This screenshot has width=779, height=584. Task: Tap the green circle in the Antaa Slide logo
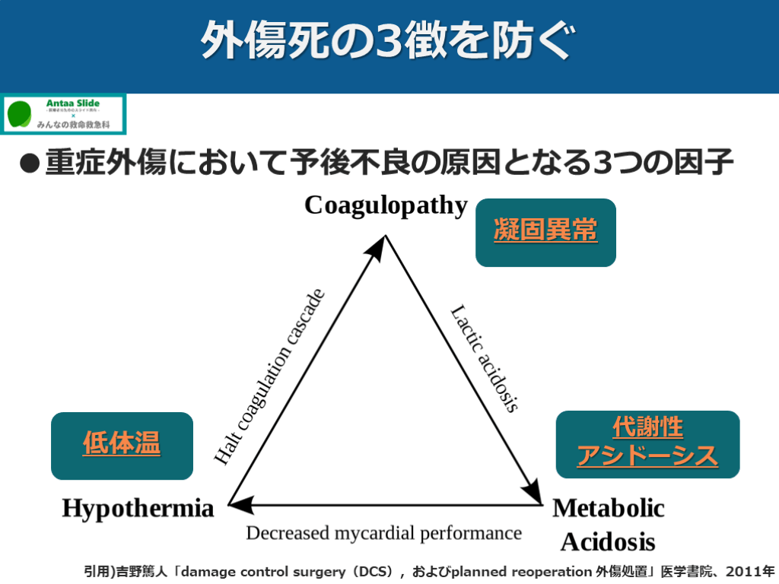pos(19,114)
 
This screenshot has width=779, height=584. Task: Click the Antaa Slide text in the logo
pos(73,103)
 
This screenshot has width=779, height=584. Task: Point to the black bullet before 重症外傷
pos(29,164)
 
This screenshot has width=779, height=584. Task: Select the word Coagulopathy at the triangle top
pos(386,205)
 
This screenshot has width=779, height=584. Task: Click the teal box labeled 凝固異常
pos(545,232)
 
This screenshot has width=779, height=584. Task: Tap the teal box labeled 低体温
pos(122,446)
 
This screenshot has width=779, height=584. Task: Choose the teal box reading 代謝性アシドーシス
pos(647,444)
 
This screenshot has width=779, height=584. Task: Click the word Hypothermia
pos(138,508)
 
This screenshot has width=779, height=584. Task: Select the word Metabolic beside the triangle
pos(609,508)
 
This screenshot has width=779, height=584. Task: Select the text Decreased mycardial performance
pos(383,533)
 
